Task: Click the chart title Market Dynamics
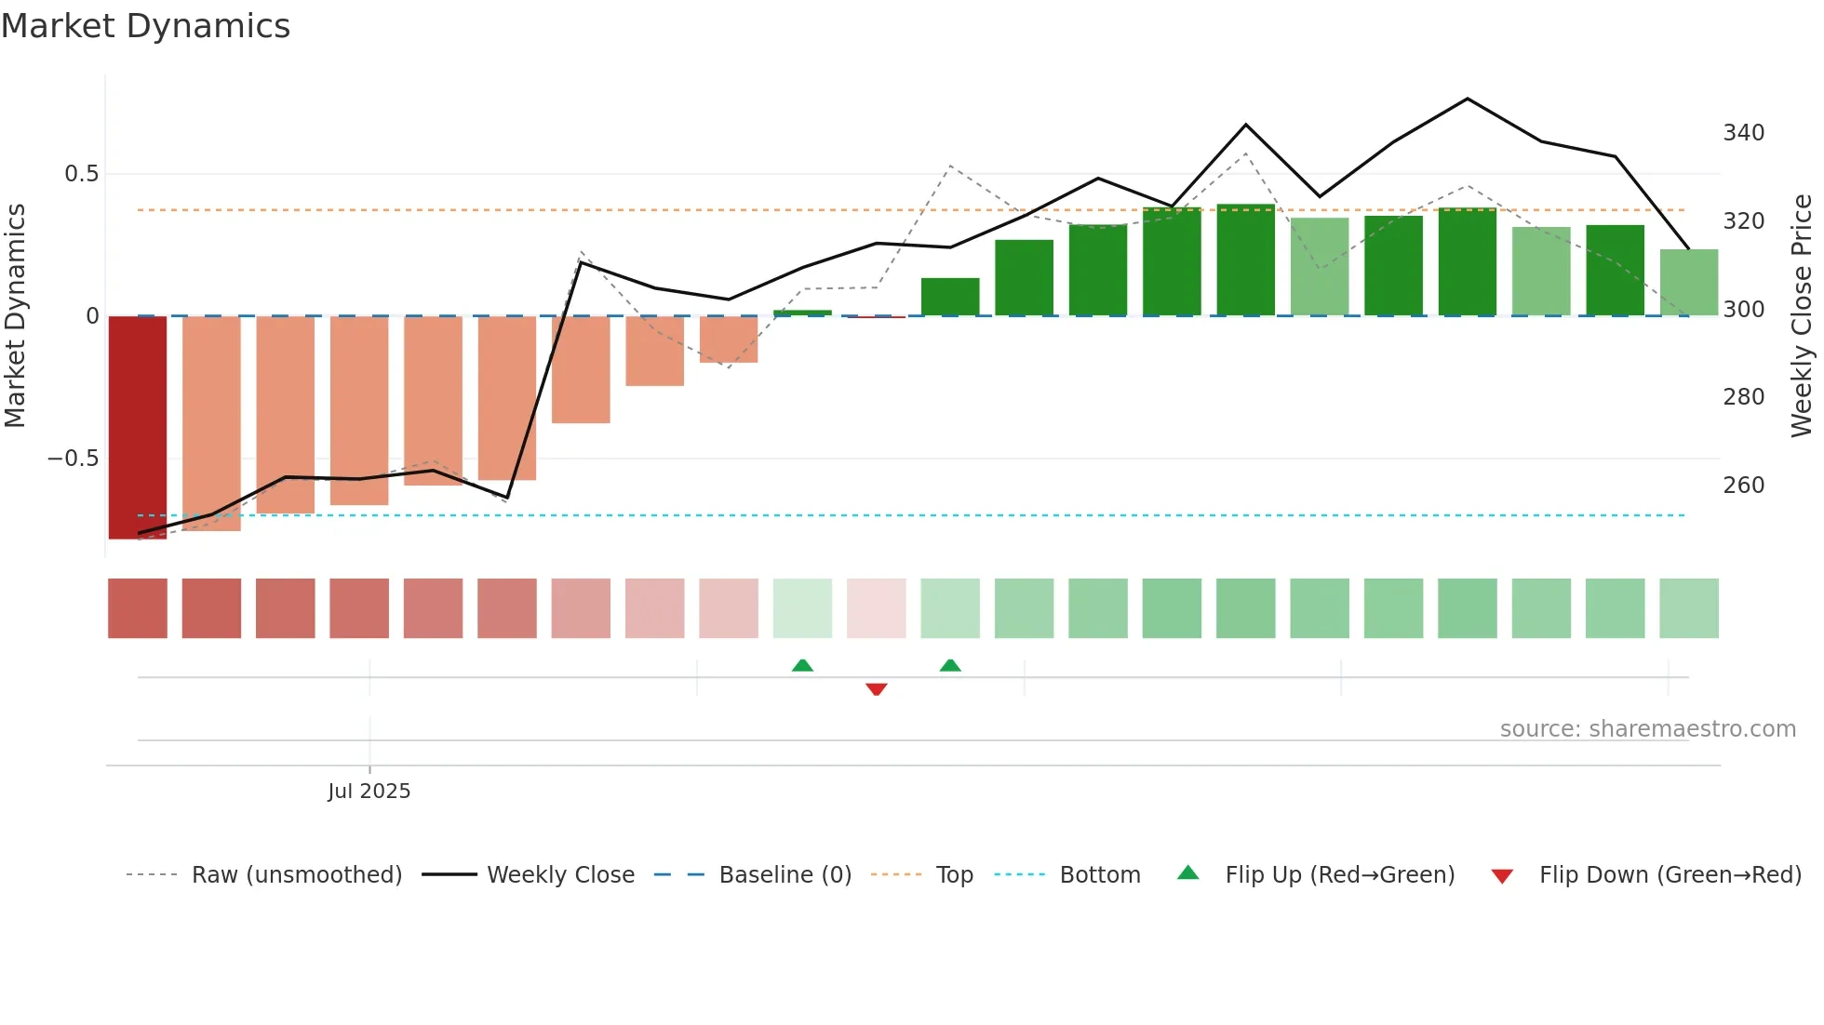pos(146,26)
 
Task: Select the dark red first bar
pos(138,427)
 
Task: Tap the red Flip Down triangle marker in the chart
pos(876,689)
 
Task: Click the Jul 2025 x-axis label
pos(369,792)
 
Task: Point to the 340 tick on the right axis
pos(1743,133)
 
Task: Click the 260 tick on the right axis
pos(1743,486)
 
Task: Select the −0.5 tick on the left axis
pos(73,459)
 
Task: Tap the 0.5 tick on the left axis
pos(81,174)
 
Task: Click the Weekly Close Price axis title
pos(1802,316)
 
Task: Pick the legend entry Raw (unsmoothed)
pos(296,875)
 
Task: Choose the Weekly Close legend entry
pos(560,875)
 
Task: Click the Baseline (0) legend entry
pos(785,875)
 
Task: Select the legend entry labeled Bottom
pos(1099,875)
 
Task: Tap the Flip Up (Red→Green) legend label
pos(1339,875)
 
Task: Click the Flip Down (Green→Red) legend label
pos(1670,875)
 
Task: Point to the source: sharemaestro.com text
pos(1647,729)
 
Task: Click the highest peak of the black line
pos(1468,99)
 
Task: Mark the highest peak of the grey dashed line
pos(1246,153)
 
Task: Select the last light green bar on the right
pos(1689,283)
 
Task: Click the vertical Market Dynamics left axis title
pos(15,316)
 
